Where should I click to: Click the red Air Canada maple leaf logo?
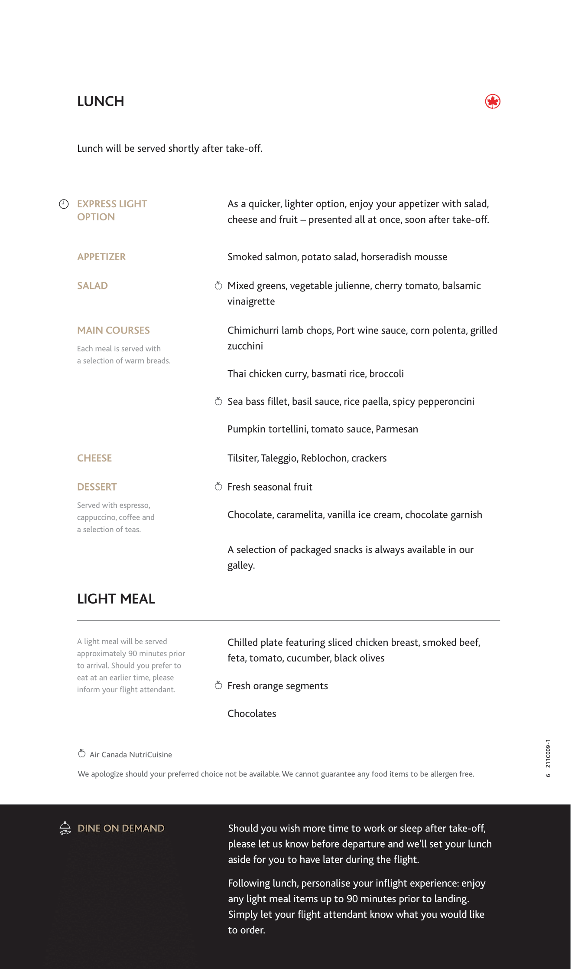[x=493, y=101]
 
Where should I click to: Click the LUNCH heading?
[x=101, y=101]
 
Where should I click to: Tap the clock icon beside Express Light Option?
[x=64, y=204]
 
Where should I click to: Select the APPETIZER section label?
[x=101, y=257]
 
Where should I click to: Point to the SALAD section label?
[x=92, y=286]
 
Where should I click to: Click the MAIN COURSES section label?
[x=114, y=331]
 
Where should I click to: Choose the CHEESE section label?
[x=94, y=458]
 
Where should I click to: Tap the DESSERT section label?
[x=97, y=487]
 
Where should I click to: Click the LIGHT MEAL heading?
[x=116, y=599]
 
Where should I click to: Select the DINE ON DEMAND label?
[x=121, y=828]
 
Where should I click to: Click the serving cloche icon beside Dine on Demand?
[x=65, y=828]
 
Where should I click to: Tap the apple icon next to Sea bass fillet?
[x=219, y=401]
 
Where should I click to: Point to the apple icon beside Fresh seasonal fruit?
[x=219, y=487]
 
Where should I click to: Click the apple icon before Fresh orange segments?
[x=219, y=685]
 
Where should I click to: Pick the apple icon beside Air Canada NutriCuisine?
[x=82, y=753]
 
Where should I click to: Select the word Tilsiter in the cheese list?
[x=243, y=458]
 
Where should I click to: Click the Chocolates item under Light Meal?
[x=252, y=714]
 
